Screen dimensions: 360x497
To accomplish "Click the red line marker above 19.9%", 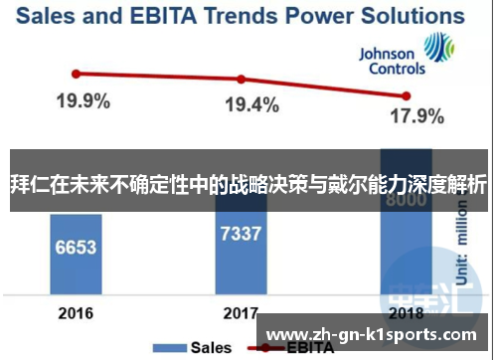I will click(x=76, y=73).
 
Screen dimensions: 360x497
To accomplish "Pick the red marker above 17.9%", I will click(x=406, y=95).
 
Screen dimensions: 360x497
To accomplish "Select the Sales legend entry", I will click(x=205, y=348).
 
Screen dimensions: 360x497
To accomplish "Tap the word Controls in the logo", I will click(x=397, y=70).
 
